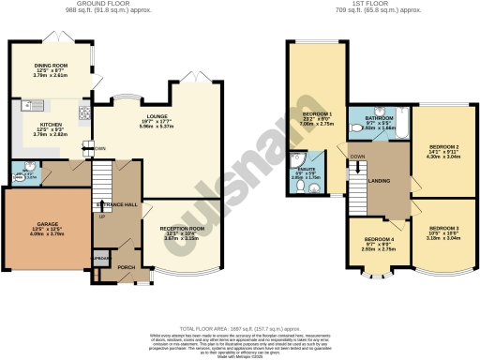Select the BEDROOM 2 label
click(444, 147)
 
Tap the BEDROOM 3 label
click(444, 229)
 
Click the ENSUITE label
click(307, 170)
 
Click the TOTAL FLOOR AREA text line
click(240, 329)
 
